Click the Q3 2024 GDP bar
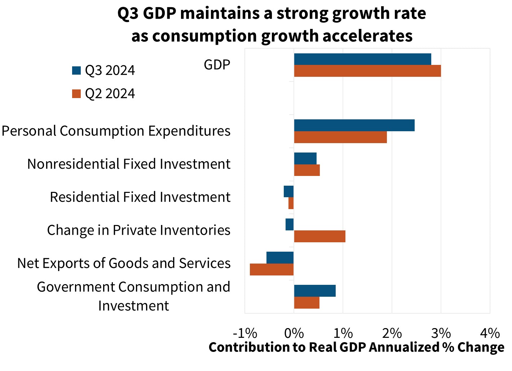(362, 59)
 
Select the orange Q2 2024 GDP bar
(367, 71)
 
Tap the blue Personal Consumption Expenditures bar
(354, 125)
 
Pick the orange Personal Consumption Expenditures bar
(340, 137)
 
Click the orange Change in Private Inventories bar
(319, 237)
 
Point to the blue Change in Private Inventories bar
(290, 225)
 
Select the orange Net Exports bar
(272, 270)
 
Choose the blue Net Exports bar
(280, 258)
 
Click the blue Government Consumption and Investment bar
(315, 291)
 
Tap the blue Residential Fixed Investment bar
(289, 192)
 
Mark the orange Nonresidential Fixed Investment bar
(307, 170)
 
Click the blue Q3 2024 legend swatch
(76, 70)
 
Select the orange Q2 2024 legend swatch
(76, 94)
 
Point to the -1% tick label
(245, 333)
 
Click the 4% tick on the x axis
(490, 333)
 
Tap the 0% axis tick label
(294, 333)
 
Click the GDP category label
(217, 65)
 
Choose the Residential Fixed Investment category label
(140, 197)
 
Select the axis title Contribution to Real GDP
(288, 347)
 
